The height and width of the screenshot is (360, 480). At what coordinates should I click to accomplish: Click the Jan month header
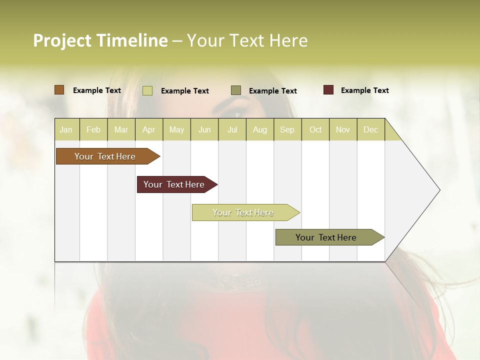point(66,129)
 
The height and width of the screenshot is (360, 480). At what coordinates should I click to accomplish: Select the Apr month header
point(149,129)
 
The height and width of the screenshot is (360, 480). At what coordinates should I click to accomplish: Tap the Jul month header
point(232,129)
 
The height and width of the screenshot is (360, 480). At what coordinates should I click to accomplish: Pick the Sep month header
point(287,129)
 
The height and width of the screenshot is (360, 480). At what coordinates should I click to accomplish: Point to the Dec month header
point(370,129)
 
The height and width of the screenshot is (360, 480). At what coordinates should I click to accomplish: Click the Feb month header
point(93,129)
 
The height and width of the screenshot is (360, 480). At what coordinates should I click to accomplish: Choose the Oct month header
point(315,129)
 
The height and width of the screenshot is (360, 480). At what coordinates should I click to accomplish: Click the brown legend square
point(59,90)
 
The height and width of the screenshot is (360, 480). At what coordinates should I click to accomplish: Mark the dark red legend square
point(328,90)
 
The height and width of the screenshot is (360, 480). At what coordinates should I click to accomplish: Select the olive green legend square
point(236,90)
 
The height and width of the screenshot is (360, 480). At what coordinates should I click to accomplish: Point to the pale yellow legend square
point(147,90)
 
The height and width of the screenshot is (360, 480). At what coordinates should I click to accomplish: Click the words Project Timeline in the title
point(100,40)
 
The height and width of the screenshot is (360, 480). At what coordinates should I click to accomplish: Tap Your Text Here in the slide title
point(247,40)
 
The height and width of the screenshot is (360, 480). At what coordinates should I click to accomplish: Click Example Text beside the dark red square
point(364,90)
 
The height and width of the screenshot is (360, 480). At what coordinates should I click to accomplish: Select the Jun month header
point(204,129)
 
